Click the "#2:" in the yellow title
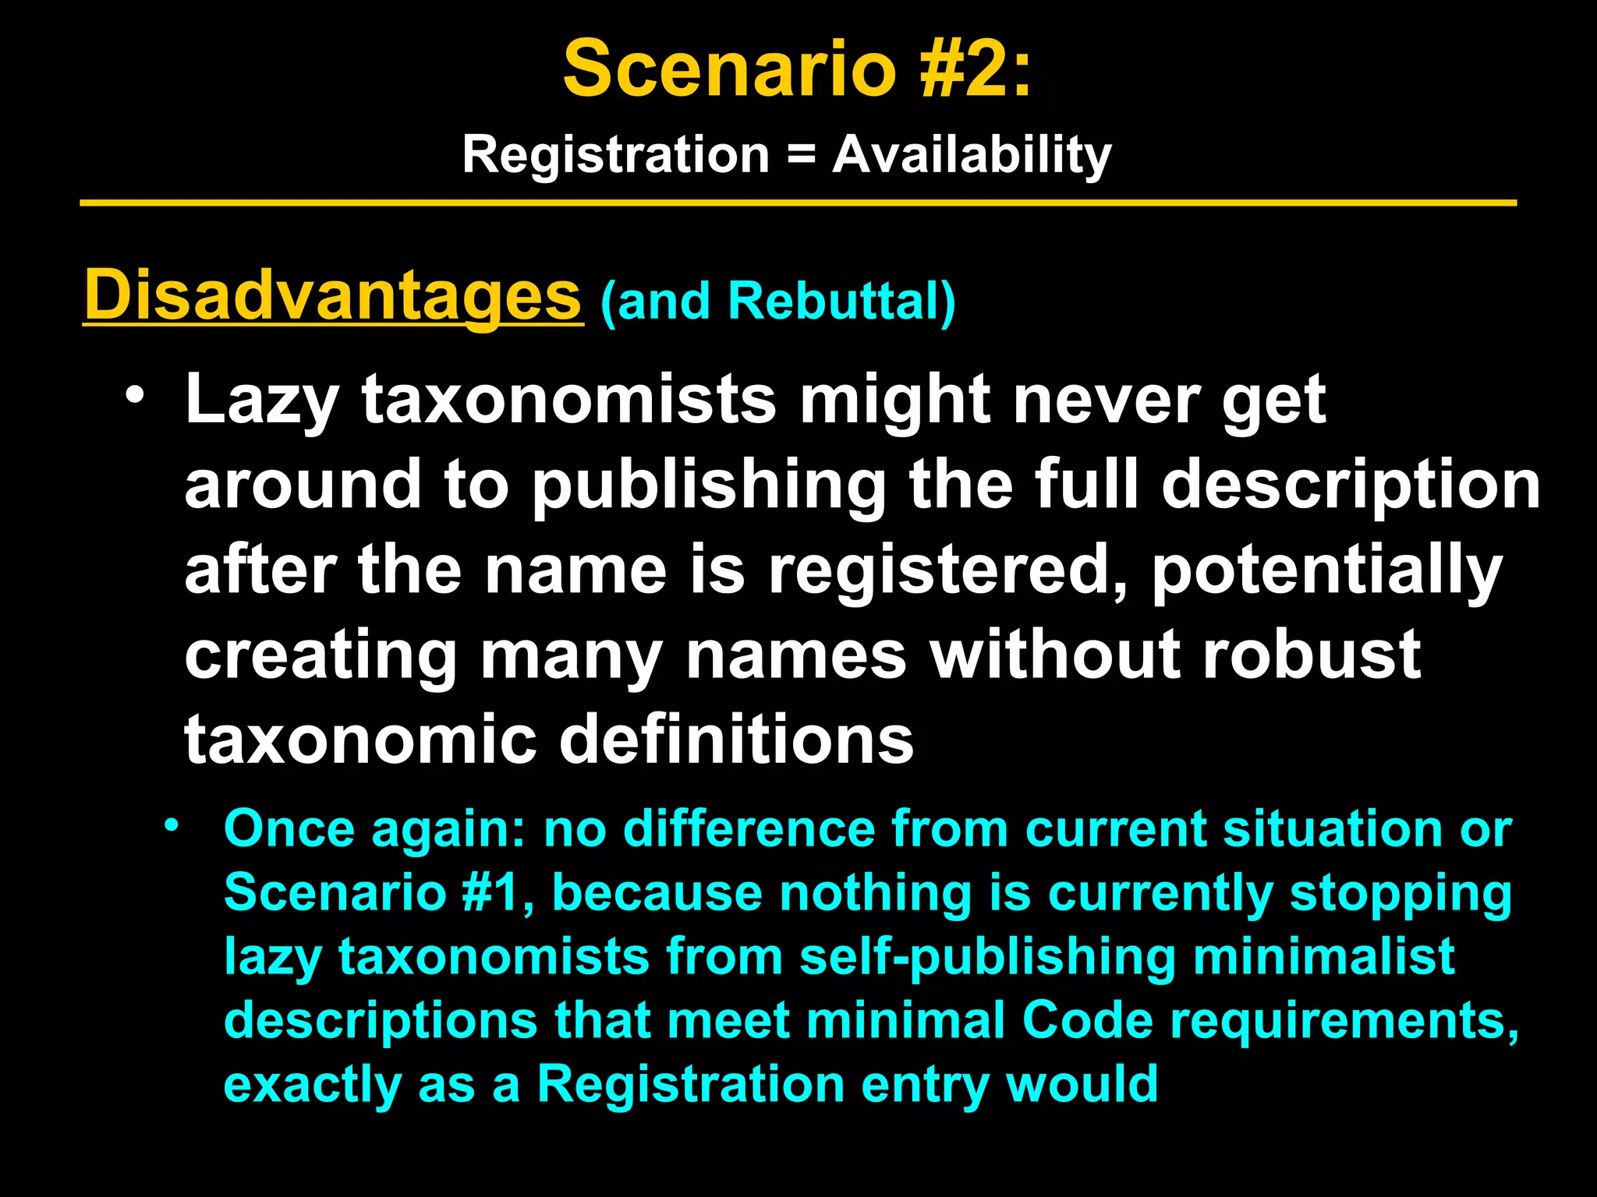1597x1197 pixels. pos(975,70)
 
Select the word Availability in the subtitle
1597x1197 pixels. pos(972,154)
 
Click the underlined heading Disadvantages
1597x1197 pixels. pos(333,296)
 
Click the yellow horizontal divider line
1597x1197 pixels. pos(798,203)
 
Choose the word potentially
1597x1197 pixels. pos(1326,570)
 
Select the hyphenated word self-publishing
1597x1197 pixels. pos(987,956)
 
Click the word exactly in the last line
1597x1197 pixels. pos(312,1084)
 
